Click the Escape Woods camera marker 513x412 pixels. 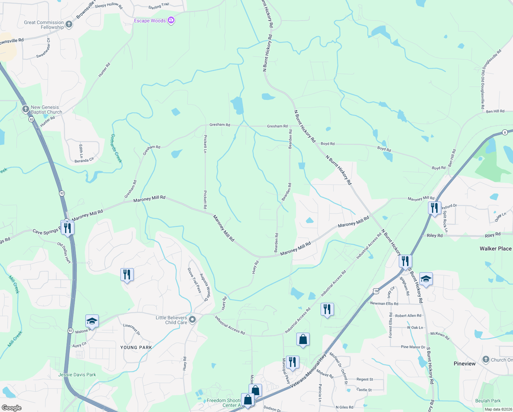tap(171, 21)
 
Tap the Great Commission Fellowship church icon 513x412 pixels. tap(69, 24)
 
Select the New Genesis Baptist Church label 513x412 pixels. tap(46, 110)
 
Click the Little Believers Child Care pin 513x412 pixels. tap(192, 320)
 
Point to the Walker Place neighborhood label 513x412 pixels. tap(495, 249)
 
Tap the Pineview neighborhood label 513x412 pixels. tap(464, 364)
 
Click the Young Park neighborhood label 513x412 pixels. tap(136, 347)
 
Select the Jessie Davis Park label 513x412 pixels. tap(77, 375)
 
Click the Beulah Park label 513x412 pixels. tap(488, 401)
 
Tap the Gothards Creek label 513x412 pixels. tap(116, 148)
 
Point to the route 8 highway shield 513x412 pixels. tap(504, 133)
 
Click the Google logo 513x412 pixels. tap(12, 408)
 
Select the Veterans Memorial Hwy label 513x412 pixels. tap(308, 371)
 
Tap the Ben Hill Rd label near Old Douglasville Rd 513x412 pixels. tap(495, 111)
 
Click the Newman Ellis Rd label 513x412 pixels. tap(384, 304)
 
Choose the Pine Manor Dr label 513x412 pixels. tap(413, 347)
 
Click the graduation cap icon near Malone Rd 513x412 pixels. tap(92, 321)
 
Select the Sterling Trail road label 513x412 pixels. tap(158, 6)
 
